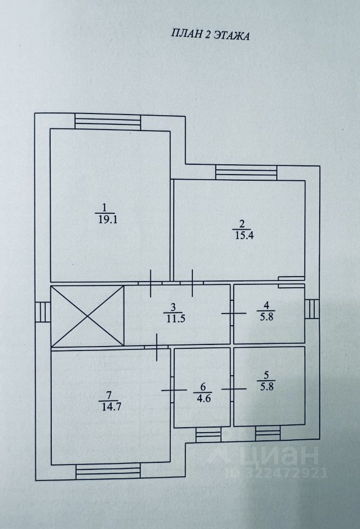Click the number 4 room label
(x=266, y=305)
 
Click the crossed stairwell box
(x=87, y=316)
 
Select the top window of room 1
(x=108, y=120)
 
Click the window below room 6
(x=208, y=435)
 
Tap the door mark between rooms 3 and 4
(x=232, y=313)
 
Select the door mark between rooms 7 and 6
(x=171, y=390)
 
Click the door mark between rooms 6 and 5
(x=232, y=389)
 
